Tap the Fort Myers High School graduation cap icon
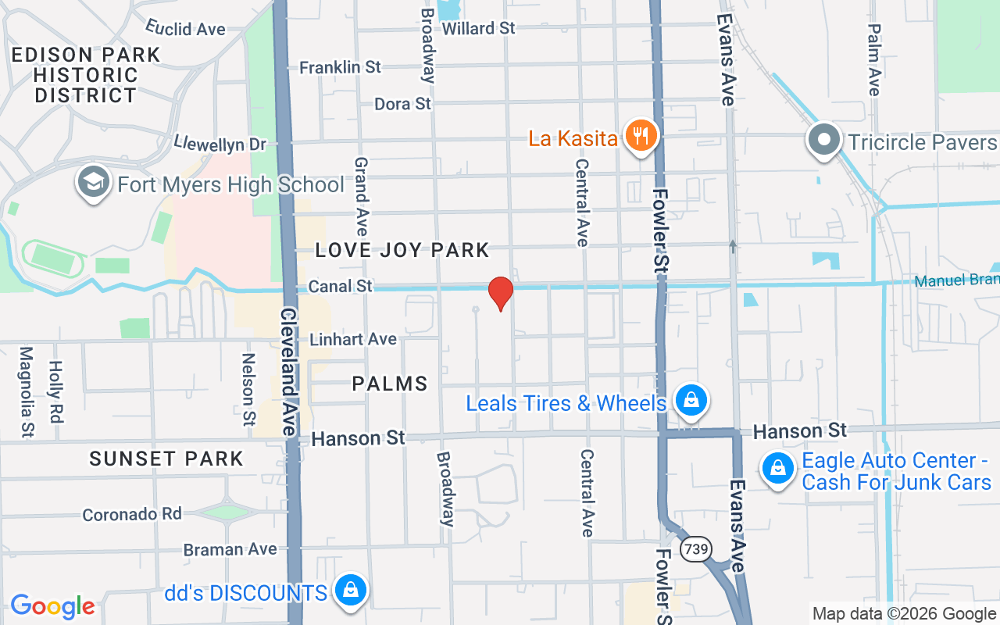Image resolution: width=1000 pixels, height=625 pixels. click(93, 182)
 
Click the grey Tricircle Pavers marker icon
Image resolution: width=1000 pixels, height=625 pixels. click(823, 141)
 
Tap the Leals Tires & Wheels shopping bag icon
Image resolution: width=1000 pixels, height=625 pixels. click(691, 401)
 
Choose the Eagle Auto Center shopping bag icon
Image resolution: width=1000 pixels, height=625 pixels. click(777, 469)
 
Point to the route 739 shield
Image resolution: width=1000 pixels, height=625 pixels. click(695, 549)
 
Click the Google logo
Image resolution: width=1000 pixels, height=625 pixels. click(52, 606)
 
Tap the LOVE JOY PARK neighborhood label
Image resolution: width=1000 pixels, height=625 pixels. click(402, 250)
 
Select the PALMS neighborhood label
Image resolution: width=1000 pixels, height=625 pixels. click(390, 384)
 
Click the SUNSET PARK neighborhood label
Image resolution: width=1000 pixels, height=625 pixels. click(166, 459)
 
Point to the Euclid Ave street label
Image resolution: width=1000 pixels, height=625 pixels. click(185, 29)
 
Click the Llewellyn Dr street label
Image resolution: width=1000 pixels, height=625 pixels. click(220, 144)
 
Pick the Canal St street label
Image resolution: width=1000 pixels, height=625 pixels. click(341, 287)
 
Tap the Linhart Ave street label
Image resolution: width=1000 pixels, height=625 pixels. click(353, 340)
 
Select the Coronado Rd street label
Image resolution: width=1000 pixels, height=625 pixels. click(132, 515)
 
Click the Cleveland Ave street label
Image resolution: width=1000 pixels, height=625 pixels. click(288, 371)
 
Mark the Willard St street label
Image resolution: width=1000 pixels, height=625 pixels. click(478, 28)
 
